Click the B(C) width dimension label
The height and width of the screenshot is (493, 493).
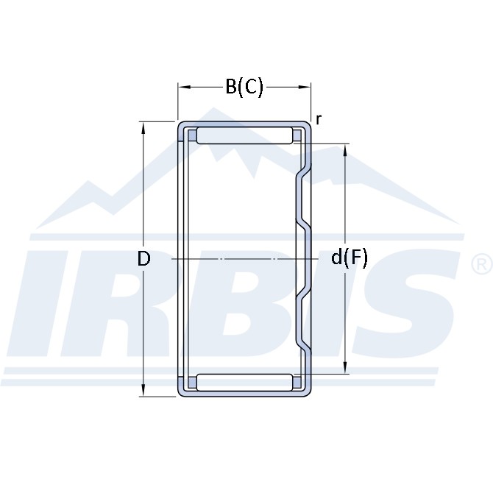click(244, 87)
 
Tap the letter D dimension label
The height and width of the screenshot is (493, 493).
click(143, 259)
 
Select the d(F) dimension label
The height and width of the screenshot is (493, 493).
click(349, 258)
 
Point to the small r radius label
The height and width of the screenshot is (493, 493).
click(319, 119)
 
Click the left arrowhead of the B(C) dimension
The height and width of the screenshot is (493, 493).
click(184, 87)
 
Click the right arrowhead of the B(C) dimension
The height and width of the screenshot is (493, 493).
click(305, 87)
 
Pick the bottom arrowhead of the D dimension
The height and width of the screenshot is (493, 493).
click(143, 390)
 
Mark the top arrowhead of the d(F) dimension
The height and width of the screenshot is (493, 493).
click(345, 151)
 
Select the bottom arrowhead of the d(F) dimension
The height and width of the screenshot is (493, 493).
click(345, 367)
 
